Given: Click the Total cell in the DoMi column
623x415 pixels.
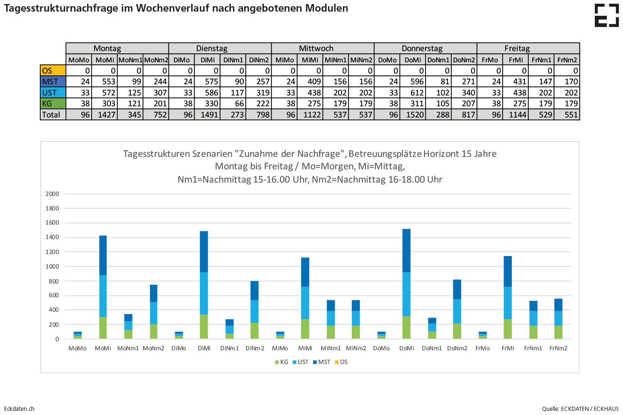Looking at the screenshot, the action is [413, 115].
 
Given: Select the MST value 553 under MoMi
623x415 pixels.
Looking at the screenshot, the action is [105, 82].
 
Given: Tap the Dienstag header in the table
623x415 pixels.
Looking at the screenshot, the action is [212, 49].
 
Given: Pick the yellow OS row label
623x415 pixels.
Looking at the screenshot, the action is [53, 71].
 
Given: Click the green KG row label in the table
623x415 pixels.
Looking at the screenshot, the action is [53, 103].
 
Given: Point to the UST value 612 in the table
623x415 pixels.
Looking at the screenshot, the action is [413, 93].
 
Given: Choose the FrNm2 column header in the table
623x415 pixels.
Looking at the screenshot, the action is [567, 60].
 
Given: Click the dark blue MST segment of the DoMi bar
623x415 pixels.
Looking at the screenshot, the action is [406, 251].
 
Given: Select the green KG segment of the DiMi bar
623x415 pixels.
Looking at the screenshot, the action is [204, 327].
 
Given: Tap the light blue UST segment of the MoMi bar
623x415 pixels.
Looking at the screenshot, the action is [103, 296].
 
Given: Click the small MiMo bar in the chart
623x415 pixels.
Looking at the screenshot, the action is [280, 335].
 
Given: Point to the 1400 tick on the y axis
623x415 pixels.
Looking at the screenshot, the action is [52, 237].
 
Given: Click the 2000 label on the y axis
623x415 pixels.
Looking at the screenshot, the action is [52, 194].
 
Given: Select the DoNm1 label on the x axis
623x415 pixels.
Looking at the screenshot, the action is [432, 348].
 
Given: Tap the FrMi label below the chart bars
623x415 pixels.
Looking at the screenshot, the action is [508, 348].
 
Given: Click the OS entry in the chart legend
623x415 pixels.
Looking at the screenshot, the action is [341, 362].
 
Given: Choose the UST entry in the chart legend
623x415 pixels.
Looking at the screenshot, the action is [301, 362].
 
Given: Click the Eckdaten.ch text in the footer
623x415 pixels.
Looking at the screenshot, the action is [19, 409].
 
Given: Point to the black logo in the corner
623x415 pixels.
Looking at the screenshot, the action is [607, 16].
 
